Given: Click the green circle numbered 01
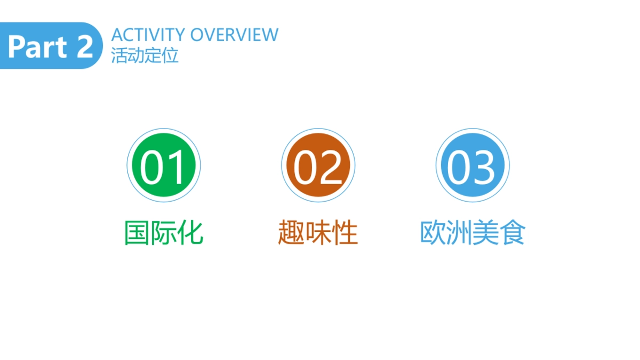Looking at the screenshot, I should point(164,165).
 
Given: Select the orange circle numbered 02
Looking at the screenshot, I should point(318,165).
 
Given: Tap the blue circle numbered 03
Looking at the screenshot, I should point(473,165).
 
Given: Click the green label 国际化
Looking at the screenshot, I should point(164,233).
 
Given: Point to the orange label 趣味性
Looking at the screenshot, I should point(318,233).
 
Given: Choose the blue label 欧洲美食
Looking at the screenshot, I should point(473,233).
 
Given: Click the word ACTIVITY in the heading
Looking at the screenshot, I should point(148,35).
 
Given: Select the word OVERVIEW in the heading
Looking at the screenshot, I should point(234,35).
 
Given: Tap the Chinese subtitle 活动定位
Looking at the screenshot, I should point(145,55).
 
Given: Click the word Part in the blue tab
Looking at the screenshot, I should point(37,47).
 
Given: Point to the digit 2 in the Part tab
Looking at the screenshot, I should point(84,47).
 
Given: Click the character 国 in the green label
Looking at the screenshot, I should point(137,233).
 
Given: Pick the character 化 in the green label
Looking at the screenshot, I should point(190,233).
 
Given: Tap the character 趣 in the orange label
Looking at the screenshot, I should point(291,233).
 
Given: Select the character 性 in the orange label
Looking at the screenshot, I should point(345,233).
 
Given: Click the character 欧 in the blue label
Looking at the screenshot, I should point(433,233).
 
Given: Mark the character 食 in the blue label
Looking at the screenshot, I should point(513,233).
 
